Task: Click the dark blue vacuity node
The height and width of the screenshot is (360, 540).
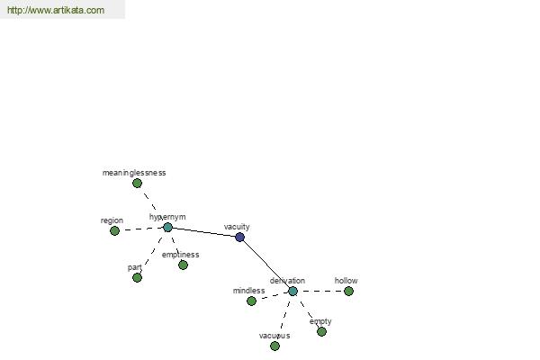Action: (239, 237)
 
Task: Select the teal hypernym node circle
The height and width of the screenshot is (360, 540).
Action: (167, 228)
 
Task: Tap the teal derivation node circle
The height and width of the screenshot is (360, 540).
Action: (292, 291)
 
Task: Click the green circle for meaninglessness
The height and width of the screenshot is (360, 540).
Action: (137, 184)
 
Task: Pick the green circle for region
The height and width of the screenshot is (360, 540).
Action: (114, 230)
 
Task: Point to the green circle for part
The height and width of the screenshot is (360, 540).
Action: (137, 278)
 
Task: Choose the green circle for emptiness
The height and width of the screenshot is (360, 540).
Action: (183, 265)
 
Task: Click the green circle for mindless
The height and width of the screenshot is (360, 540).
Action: (251, 301)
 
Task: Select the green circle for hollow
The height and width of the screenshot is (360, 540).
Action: (348, 291)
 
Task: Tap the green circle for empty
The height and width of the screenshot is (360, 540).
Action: (321, 332)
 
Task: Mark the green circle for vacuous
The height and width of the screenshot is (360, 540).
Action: (274, 346)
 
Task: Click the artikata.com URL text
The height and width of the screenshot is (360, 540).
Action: (56, 10)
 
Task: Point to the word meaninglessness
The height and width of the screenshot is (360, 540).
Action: (134, 173)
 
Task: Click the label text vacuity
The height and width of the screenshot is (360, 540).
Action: (237, 227)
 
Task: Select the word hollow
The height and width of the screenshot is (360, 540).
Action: (346, 281)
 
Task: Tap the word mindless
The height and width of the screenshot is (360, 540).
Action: (249, 291)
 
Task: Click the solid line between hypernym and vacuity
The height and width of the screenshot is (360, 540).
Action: (203, 232)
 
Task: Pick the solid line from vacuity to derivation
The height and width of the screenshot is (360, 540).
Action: (266, 264)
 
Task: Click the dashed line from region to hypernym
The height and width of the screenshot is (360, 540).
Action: (141, 229)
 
